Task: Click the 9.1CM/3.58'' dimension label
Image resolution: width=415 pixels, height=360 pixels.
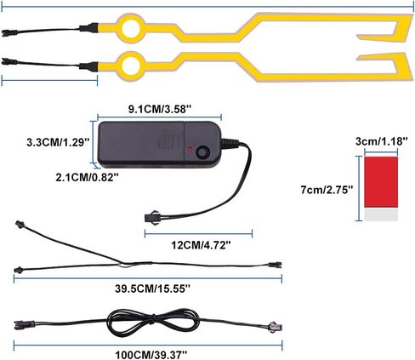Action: pyautogui.click(x=160, y=109)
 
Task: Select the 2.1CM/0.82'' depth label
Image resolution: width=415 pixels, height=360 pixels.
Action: pyautogui.click(x=87, y=178)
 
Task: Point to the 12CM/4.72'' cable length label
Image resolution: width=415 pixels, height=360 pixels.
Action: pyautogui.click(x=201, y=245)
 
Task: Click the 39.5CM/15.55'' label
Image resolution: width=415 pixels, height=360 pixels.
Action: pyautogui.click(x=153, y=289)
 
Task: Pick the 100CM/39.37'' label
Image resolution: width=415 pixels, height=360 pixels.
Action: pyautogui.click(x=151, y=355)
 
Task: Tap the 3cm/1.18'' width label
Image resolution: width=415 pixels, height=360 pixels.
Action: pyautogui.click(x=382, y=141)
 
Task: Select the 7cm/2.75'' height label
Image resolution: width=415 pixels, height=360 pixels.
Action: pyautogui.click(x=327, y=190)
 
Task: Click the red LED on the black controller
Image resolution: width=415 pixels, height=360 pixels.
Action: pyautogui.click(x=190, y=149)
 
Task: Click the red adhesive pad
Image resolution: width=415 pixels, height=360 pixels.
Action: pyautogui.click(x=381, y=182)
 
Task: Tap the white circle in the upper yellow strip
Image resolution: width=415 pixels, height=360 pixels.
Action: pyautogui.click(x=132, y=28)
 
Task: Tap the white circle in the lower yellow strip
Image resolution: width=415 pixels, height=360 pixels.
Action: pyautogui.click(x=132, y=66)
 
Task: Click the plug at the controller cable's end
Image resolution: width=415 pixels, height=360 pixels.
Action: pyautogui.click(x=151, y=217)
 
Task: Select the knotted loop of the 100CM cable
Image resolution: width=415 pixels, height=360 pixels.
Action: pyautogui.click(x=153, y=323)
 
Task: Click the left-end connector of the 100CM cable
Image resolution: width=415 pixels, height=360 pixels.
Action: pyautogui.click(x=25, y=324)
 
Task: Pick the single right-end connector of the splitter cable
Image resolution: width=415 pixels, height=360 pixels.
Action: pyautogui.click(x=275, y=265)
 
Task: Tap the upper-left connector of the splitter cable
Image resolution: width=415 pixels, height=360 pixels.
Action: pyautogui.click(x=20, y=224)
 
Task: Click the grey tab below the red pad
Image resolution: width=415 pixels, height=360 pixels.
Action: pyautogui.click(x=381, y=215)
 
